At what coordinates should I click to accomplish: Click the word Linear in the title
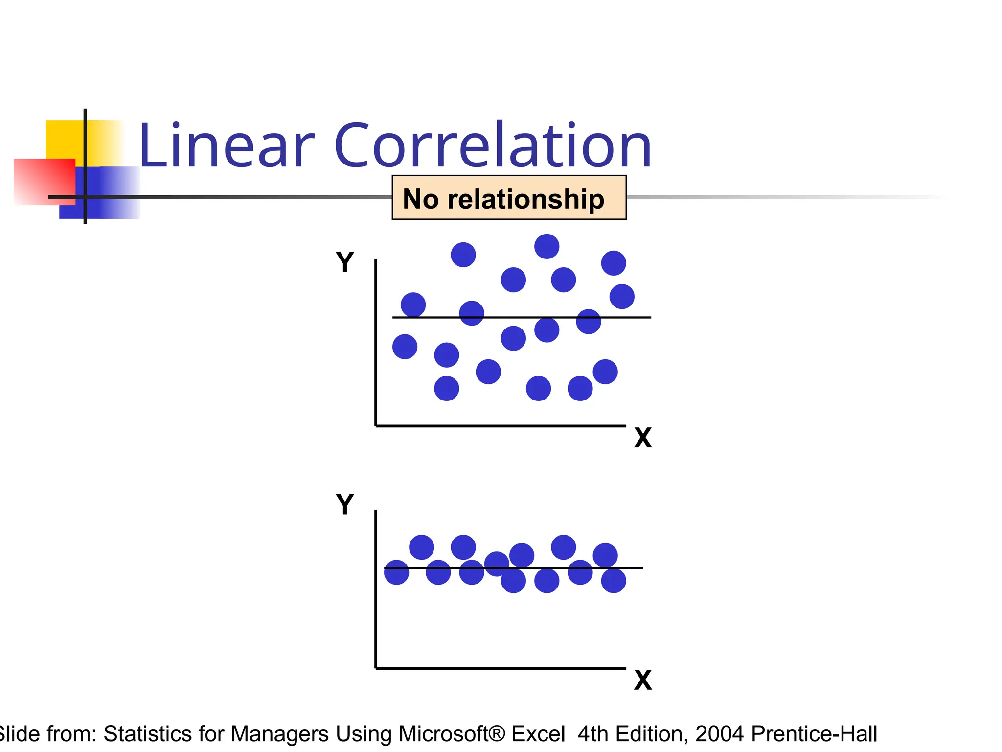point(226,146)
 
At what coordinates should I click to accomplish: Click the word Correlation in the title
point(493,146)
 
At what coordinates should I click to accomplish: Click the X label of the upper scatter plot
point(643,438)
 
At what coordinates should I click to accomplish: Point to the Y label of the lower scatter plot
point(345,504)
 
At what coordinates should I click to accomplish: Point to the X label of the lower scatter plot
point(643,680)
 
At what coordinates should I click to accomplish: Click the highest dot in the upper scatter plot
point(547,246)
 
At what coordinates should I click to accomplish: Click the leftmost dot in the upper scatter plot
point(405,347)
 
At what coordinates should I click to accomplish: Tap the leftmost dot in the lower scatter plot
point(396,572)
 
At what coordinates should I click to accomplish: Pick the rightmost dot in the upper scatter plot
point(622,297)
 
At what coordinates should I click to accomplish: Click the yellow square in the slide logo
point(64,140)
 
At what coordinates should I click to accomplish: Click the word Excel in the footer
point(538,734)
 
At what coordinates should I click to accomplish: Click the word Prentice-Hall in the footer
point(814,734)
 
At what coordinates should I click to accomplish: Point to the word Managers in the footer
point(279,734)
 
